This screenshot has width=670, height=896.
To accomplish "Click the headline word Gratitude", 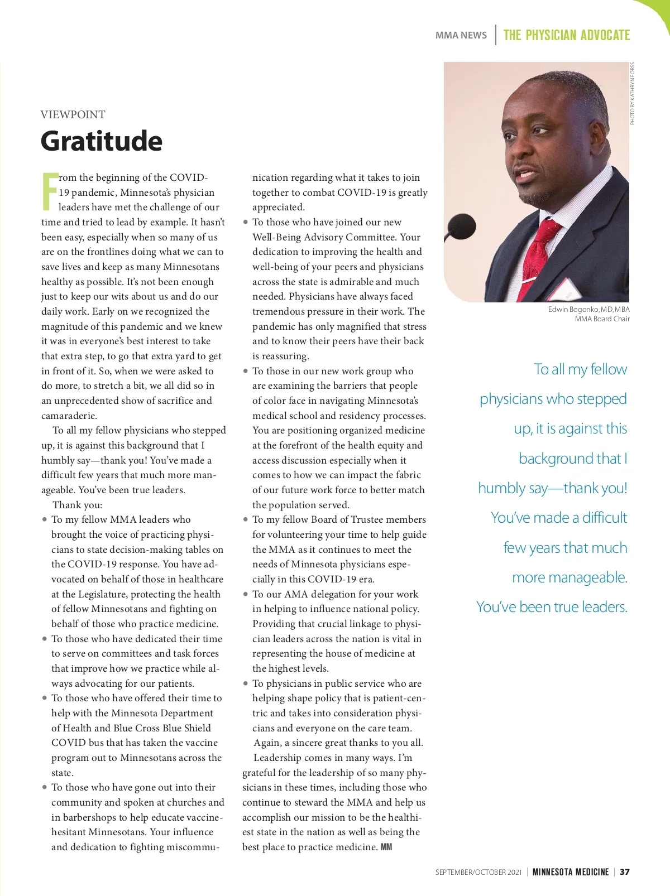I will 102,141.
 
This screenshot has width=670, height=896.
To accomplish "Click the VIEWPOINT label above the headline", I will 73,114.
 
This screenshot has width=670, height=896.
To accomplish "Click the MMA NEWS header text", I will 461,35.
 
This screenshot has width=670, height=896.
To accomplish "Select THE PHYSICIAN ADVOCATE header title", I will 566,35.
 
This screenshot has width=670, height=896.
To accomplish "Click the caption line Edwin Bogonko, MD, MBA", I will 588,309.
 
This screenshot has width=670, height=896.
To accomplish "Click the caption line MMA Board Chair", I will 602,319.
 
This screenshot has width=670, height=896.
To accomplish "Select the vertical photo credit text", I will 632,93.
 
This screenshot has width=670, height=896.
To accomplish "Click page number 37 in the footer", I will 625,871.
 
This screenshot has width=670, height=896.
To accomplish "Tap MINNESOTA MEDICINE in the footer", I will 571,871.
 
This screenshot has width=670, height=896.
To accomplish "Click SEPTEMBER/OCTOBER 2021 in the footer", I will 478,872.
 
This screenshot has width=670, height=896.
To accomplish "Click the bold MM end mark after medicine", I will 386,847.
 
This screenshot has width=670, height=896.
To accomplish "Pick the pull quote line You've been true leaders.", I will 552,606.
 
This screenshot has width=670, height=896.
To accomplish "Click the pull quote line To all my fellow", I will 580,369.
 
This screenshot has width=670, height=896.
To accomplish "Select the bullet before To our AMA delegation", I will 246,594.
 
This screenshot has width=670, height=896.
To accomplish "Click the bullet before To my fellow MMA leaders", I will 45,519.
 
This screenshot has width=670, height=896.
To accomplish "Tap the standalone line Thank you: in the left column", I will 77,505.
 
